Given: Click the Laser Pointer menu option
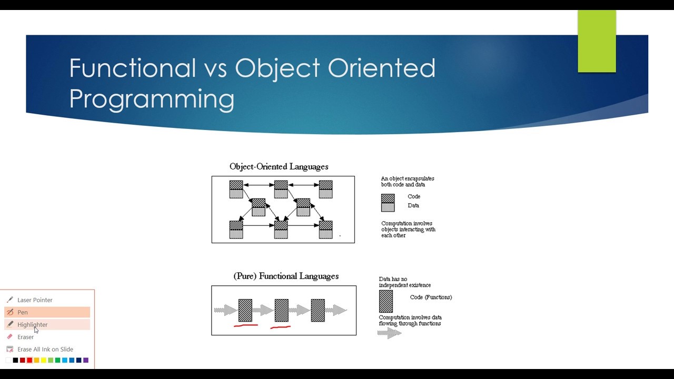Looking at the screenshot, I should coord(35,300).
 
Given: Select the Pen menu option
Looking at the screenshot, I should coord(23,312).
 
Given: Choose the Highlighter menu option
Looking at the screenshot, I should coord(32,325).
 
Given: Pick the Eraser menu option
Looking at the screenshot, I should coord(25,337).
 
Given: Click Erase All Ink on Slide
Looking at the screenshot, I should coord(45,350).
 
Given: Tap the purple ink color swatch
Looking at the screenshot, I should coord(86,360).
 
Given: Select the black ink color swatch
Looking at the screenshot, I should coord(15,360).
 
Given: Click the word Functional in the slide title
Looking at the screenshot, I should coord(132,68).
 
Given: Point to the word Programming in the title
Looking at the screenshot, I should coord(152,99).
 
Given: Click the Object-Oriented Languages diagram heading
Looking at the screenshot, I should coord(279,167).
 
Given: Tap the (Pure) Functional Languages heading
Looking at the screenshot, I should coord(286,276).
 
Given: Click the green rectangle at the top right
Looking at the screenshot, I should coord(597,41).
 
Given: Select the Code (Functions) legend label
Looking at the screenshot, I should coord(431,297).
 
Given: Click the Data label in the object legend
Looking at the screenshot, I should coord(413,206).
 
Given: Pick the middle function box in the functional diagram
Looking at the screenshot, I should coord(282,311).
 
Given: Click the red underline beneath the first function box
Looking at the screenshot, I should coord(245,326).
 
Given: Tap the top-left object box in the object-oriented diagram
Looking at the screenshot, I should coord(236,189).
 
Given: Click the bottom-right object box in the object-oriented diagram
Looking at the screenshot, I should coord(325,230).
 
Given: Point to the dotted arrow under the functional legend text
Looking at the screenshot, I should coord(390,333).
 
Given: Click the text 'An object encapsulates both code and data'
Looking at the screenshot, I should coord(408,182).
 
